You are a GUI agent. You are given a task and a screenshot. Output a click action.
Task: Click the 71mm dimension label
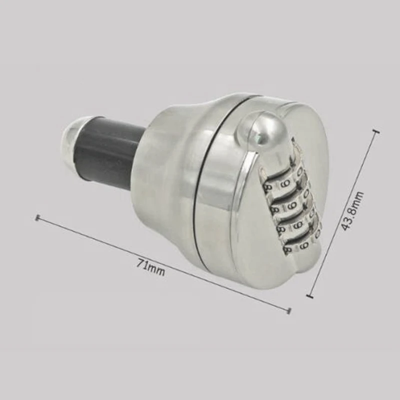pos(150,267)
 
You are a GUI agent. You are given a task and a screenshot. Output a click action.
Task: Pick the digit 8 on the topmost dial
pos(268,188)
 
